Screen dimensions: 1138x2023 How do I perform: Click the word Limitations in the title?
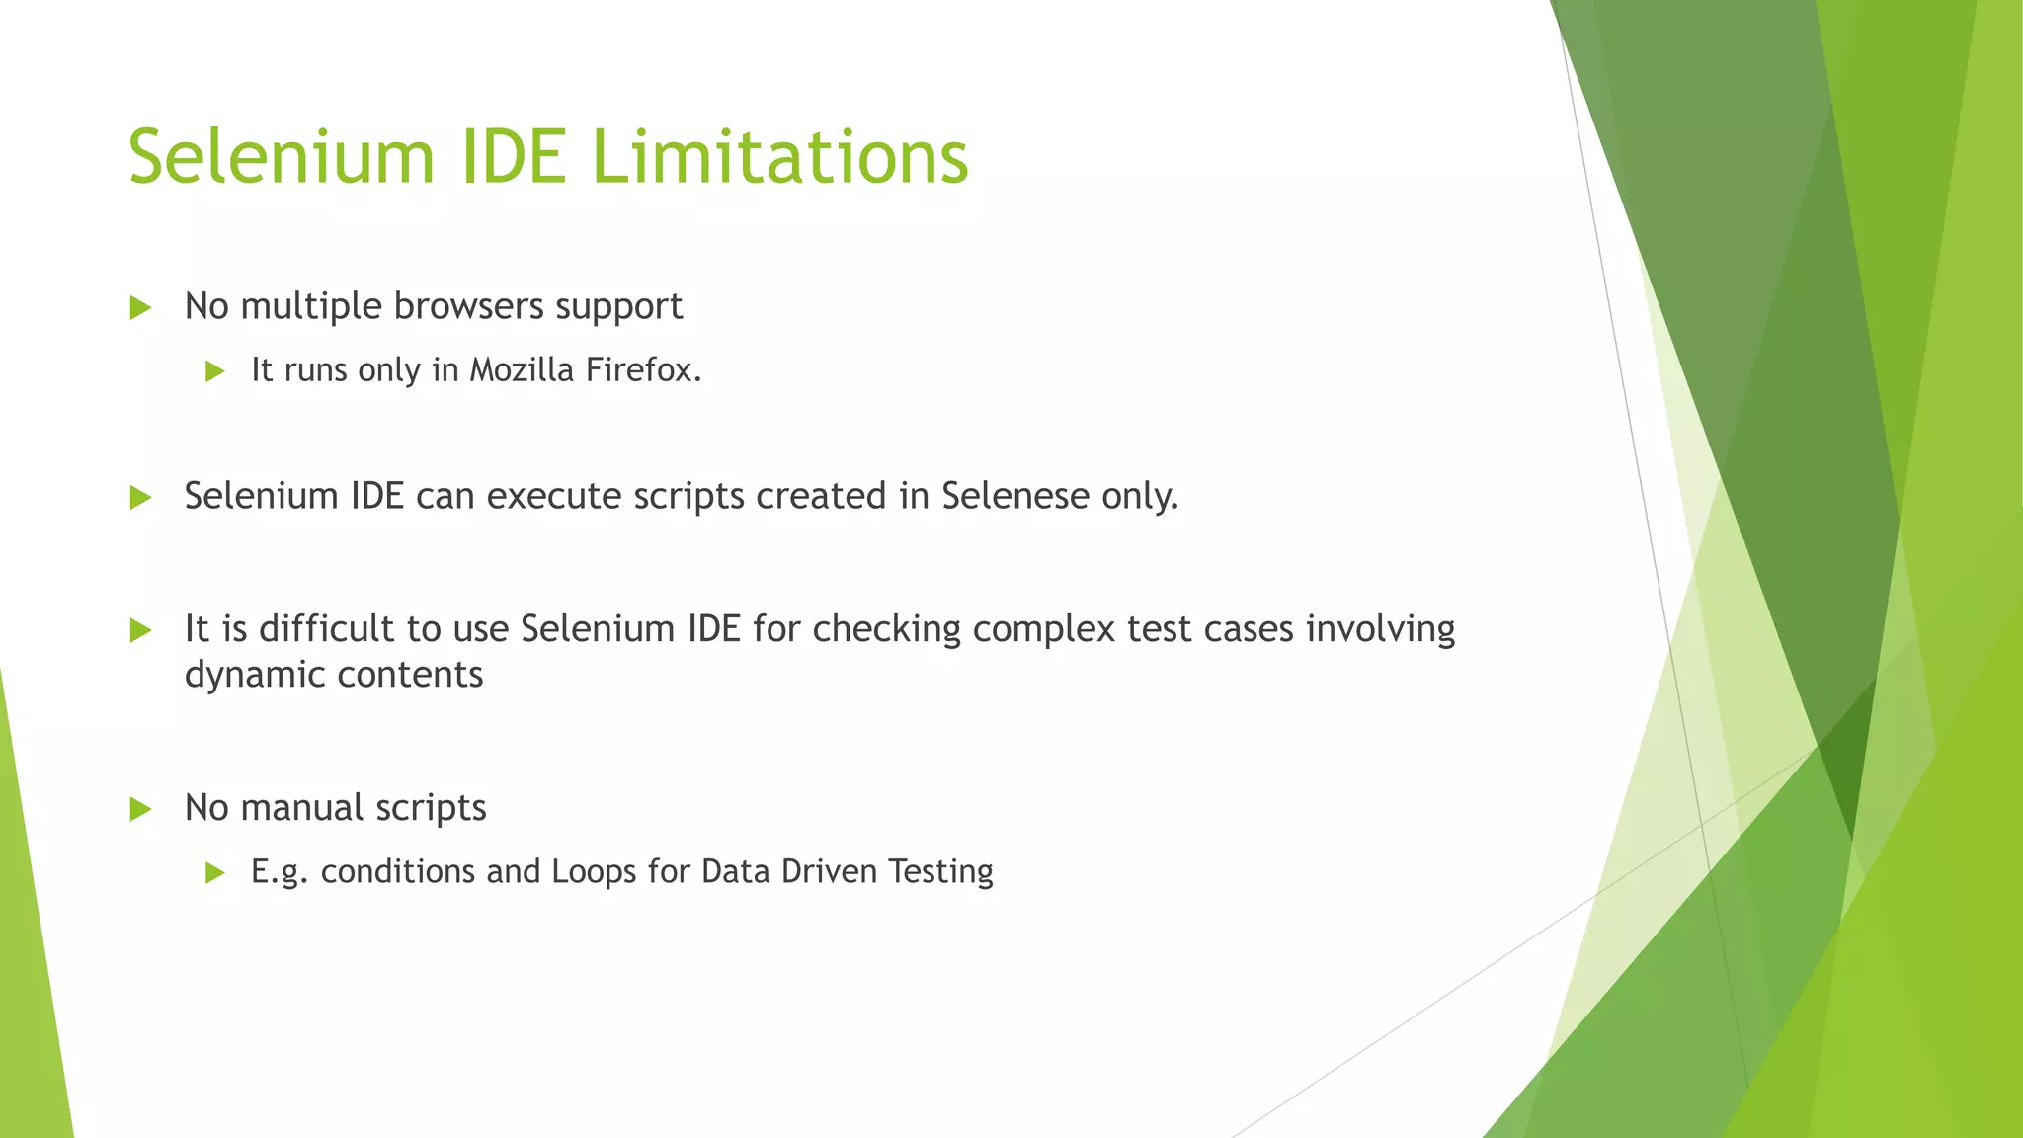[779, 157]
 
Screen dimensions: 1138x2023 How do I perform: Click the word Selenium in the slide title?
[282, 157]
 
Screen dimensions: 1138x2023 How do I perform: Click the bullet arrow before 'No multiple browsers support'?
[140, 307]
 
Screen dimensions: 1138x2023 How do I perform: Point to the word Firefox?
[642, 369]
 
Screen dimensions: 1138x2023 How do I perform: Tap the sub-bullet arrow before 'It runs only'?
[214, 371]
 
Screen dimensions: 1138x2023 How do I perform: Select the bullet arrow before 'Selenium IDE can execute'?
[140, 497]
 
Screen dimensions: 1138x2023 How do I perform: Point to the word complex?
[1044, 629]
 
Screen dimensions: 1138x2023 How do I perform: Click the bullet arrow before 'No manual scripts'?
[140, 809]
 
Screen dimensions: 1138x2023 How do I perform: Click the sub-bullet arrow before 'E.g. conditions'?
[214, 872]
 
